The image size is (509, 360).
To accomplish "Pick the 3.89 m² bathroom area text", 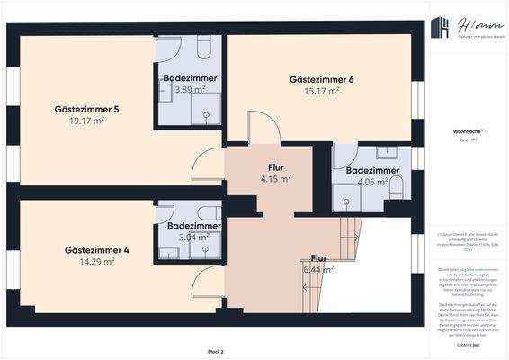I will coord(190,90).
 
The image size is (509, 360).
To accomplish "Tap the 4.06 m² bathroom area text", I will coord(371,182).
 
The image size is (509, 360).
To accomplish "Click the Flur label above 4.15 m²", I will coord(276,167).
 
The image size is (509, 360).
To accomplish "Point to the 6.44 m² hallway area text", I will coord(318,268).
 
